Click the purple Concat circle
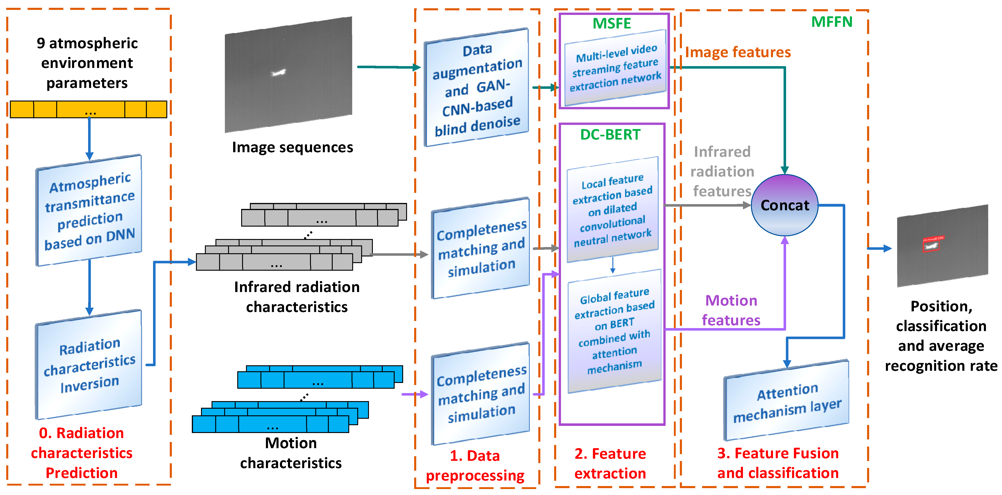pyautogui.click(x=784, y=205)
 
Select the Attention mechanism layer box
pyautogui.click(x=787, y=401)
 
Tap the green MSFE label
pyautogui.click(x=611, y=23)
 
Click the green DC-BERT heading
pyautogui.click(x=610, y=135)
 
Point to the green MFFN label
pyautogui.click(x=832, y=22)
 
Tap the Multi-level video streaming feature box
pyautogui.click(x=615, y=68)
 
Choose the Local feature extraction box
pyautogui.click(x=613, y=210)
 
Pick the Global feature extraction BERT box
pyautogui.click(x=615, y=331)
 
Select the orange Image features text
pyautogui.click(x=737, y=52)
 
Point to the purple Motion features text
pyautogui.click(x=731, y=310)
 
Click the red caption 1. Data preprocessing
pyautogui.click(x=475, y=465)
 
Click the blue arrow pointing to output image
pyautogui.click(x=880, y=248)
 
